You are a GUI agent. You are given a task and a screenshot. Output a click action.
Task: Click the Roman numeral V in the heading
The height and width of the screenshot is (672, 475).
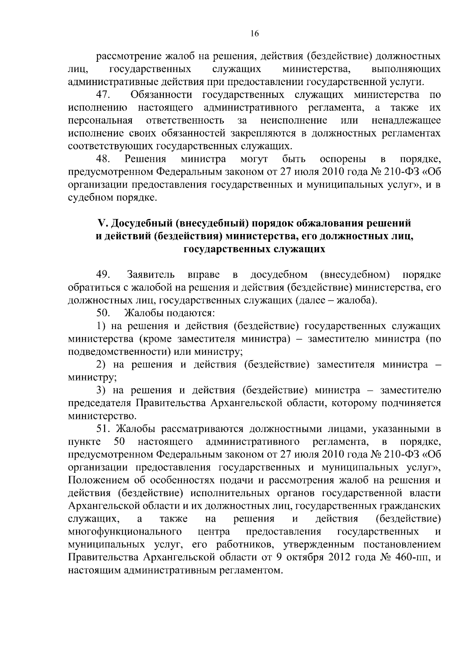coord(101,224)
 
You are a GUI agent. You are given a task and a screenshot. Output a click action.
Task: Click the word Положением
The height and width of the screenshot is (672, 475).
coord(98,480)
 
